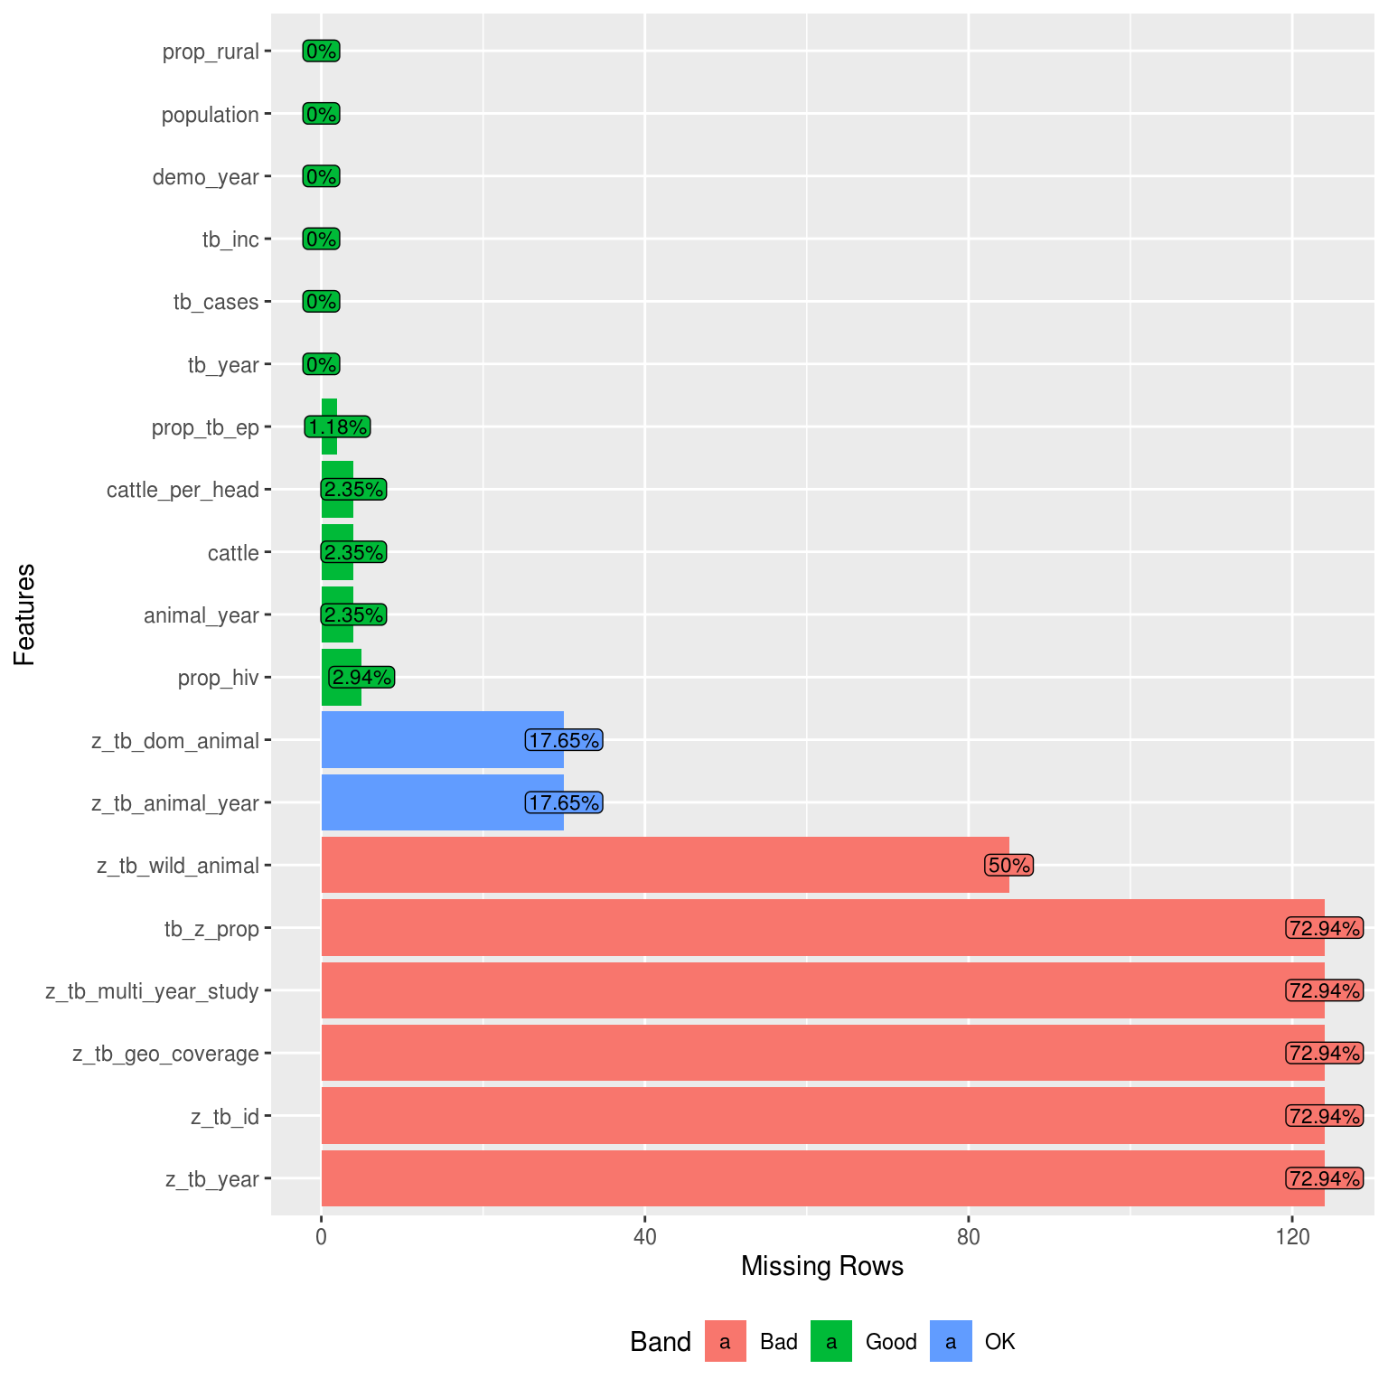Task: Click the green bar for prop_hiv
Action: point(341,678)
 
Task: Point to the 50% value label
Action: point(1008,865)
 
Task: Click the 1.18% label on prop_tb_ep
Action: point(337,427)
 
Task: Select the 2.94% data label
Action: point(361,678)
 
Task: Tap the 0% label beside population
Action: point(321,115)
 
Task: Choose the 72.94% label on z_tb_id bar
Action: point(1324,1116)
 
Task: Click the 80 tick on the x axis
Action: point(968,1236)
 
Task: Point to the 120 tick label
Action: point(1292,1236)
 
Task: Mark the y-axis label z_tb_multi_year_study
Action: point(152,991)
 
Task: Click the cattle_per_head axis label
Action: point(183,490)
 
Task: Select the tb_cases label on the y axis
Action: point(216,302)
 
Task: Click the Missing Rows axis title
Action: point(821,1266)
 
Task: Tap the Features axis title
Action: point(25,614)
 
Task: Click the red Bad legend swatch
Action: point(725,1341)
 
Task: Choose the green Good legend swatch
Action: point(831,1341)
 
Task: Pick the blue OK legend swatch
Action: point(951,1341)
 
